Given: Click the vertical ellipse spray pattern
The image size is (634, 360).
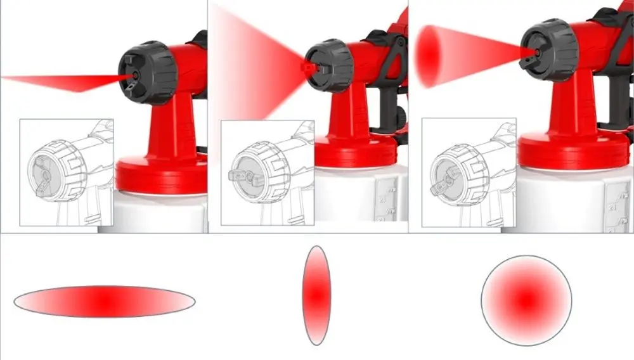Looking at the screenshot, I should (x=316, y=295).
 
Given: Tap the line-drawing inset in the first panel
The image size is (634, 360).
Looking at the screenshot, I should (x=67, y=172).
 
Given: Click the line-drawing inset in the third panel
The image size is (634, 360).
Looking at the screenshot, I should (x=469, y=174).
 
